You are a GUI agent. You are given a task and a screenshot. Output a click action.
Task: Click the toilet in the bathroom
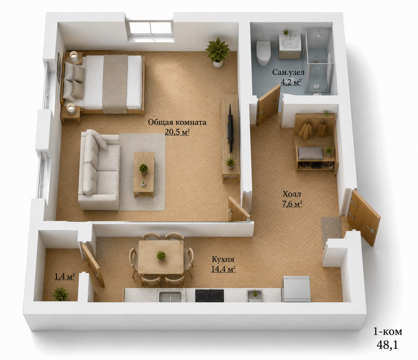click(x=263, y=53)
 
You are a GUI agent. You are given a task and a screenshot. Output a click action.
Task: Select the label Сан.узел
click(x=288, y=72)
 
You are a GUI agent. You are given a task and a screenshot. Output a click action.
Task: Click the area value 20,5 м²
click(x=177, y=132)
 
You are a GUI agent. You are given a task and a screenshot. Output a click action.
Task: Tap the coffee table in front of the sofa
click(x=144, y=174)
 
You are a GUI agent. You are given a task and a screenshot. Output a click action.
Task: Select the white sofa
click(x=99, y=170)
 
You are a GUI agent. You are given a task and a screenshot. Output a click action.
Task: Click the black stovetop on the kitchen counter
click(x=209, y=296)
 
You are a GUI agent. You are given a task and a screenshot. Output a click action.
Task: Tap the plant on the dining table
click(x=161, y=255)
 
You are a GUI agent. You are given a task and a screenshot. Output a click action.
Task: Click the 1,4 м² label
click(x=65, y=276)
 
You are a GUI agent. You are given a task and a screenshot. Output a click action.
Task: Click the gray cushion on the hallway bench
click(x=311, y=153)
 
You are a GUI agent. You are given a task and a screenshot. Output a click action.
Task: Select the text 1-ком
click(x=387, y=332)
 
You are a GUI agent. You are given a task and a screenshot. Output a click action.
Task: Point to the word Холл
click(x=291, y=194)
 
